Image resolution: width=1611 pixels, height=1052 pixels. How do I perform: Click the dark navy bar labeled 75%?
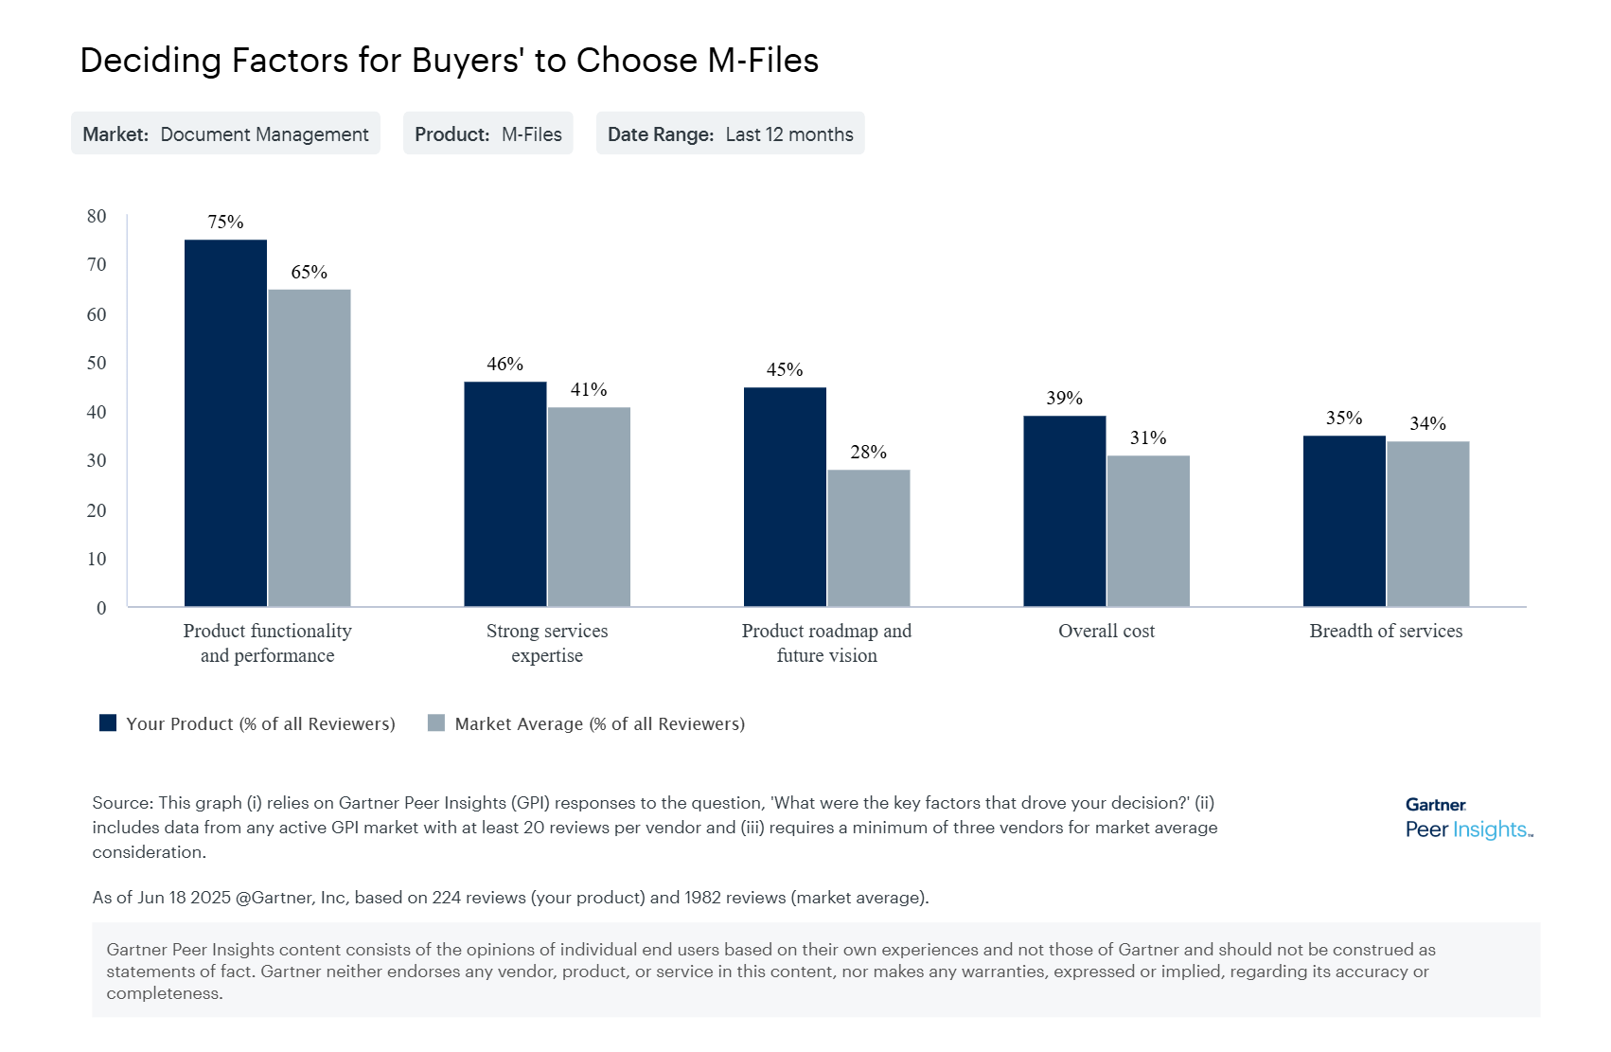225,422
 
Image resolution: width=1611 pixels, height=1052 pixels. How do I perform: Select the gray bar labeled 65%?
310,447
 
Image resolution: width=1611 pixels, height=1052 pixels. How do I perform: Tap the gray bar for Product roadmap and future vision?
868,538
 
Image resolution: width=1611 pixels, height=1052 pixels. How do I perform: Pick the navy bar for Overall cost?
1064,510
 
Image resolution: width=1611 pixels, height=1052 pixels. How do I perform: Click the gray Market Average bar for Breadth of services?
1427,524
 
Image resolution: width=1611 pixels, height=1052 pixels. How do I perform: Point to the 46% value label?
505,365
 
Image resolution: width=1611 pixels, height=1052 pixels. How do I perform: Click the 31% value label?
1147,438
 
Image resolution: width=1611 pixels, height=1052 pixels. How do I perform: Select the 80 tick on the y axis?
97,216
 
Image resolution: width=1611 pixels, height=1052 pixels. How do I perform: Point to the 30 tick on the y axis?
97,461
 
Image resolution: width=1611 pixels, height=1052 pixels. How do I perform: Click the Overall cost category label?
1106,632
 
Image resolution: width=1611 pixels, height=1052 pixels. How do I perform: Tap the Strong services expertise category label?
547,643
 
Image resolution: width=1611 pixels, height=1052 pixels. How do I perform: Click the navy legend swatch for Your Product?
108,723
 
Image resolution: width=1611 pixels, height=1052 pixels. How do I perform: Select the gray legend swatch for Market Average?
436,723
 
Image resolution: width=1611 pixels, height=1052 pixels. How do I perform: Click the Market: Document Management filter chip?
225,134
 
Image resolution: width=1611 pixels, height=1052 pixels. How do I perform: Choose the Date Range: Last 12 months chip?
730,134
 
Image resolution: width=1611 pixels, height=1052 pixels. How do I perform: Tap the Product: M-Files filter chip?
487,134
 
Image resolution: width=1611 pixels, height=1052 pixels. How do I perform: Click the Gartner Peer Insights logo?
1467,818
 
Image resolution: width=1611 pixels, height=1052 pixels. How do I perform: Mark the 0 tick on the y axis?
101,608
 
